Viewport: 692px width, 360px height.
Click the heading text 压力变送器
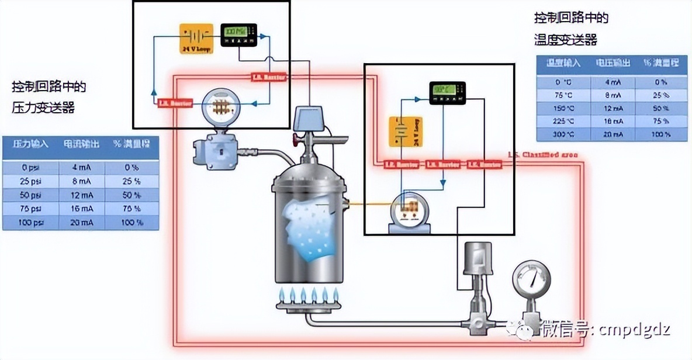(x=43, y=108)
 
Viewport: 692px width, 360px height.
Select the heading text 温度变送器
(x=565, y=40)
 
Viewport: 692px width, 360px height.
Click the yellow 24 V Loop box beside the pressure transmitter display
(x=196, y=39)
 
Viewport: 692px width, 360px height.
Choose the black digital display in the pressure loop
(x=238, y=34)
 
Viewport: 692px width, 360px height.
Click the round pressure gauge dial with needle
(x=531, y=281)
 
